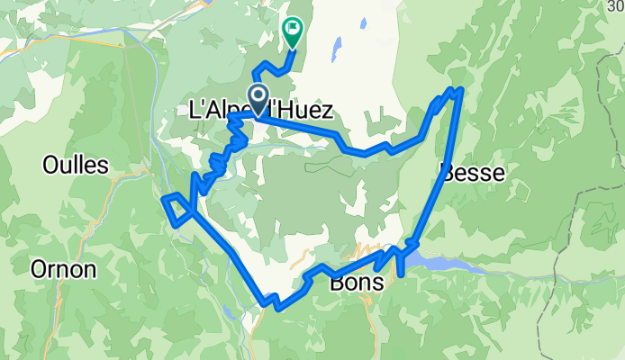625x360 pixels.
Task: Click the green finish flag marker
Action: (293, 31)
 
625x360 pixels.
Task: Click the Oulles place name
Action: (76, 165)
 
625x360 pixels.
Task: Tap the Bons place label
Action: (358, 283)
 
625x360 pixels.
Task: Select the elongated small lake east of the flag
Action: (339, 47)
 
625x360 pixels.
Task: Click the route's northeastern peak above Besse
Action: (460, 89)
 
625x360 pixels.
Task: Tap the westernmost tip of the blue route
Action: (165, 198)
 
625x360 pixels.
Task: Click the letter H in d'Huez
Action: (284, 112)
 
